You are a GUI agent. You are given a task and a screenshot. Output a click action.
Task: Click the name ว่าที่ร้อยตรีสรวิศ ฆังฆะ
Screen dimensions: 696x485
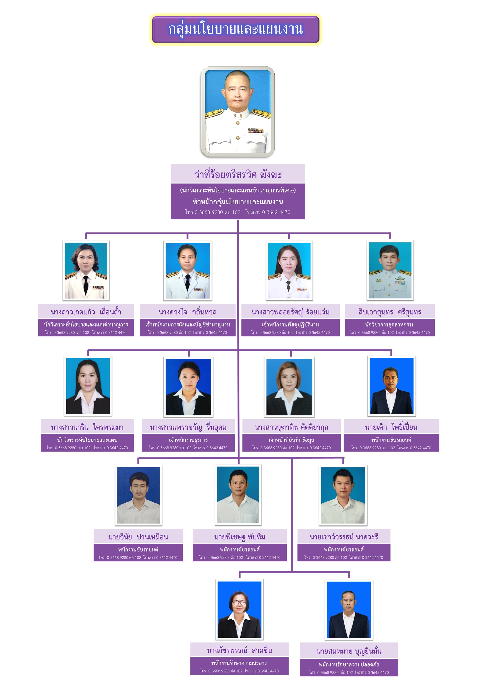[238, 174]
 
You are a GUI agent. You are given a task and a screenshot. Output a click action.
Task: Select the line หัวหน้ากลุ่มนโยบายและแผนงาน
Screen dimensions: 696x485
[238, 201]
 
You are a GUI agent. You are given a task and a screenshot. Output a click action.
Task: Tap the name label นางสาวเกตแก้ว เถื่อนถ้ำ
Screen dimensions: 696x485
[86, 312]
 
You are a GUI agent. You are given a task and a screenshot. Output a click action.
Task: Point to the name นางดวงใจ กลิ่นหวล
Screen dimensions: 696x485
[187, 312]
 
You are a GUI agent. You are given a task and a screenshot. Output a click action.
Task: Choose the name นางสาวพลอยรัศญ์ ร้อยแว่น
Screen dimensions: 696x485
[290, 312]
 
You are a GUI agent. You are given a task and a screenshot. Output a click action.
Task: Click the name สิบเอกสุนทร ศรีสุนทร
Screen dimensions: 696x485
[390, 312]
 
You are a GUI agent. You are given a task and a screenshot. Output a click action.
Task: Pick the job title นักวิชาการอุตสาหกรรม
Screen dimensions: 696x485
[390, 324]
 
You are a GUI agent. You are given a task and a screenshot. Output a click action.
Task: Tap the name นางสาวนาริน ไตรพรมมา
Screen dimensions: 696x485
[87, 427]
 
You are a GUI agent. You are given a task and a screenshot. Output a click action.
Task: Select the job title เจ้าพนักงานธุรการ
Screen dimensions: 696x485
[188, 440]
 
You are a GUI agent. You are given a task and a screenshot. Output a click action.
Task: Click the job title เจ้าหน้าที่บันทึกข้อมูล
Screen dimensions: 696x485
[291, 440]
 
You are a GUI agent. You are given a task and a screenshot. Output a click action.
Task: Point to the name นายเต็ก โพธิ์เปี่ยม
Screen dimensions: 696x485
[391, 427]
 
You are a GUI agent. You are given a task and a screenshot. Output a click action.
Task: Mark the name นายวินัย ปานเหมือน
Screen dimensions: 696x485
[138, 537]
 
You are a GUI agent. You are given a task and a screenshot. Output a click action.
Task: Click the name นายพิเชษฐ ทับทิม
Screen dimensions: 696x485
[239, 537]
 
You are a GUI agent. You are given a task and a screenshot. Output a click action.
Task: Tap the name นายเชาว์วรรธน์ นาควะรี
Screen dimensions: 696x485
[344, 537]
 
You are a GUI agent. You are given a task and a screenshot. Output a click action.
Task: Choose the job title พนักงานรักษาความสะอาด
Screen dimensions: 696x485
[239, 663]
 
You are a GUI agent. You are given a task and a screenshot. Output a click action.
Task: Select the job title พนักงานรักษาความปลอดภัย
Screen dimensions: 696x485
[349, 664]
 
